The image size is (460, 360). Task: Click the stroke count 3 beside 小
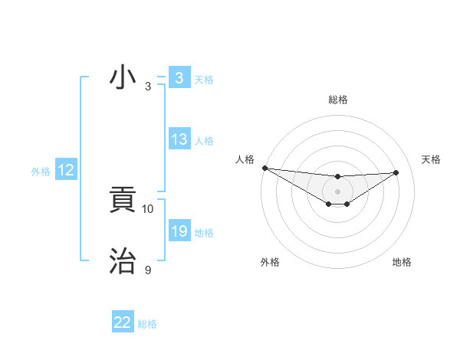148,87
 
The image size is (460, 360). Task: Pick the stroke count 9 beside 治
148,270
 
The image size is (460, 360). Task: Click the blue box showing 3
179,78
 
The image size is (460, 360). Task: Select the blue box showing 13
179,139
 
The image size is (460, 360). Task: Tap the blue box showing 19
179,231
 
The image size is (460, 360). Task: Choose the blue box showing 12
66,171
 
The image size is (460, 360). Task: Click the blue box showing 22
123,322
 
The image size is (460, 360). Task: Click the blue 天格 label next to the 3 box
204,79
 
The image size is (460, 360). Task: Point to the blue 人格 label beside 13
204,141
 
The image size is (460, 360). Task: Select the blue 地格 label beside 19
204,233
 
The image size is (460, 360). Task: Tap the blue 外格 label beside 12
41,172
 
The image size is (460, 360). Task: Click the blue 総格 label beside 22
147,324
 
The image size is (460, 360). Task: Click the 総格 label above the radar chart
337,100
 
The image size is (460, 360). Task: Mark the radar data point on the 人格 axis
264,168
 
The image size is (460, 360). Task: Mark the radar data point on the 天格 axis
396,172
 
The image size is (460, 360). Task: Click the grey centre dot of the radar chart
337,191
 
